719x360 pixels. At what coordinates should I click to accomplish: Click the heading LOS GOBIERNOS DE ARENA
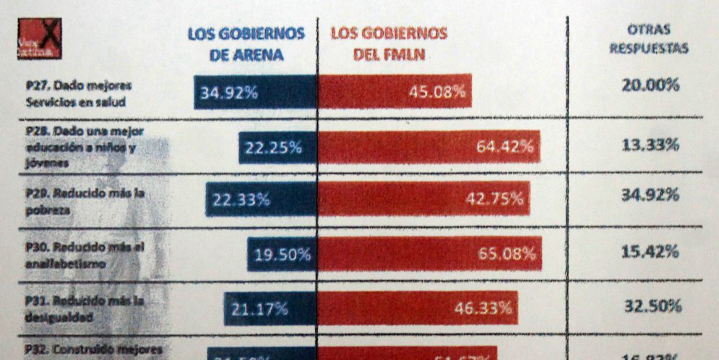pyautogui.click(x=246, y=44)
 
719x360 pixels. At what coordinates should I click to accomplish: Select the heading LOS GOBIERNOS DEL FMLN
pyautogui.click(x=389, y=44)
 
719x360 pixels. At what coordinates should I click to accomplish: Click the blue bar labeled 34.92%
pyautogui.click(x=255, y=92)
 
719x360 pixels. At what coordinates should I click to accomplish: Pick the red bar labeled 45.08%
pyautogui.click(x=395, y=91)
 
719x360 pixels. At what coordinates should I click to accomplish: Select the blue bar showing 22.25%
pyautogui.click(x=277, y=147)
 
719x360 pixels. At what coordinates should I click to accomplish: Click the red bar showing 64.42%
pyautogui.click(x=429, y=147)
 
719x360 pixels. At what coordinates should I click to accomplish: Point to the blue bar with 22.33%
pyautogui.click(x=261, y=200)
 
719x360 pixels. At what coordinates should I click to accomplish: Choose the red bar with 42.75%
pyautogui.click(x=423, y=200)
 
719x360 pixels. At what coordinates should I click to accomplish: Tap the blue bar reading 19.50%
pyautogui.click(x=282, y=254)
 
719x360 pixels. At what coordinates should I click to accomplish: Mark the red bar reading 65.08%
pyautogui.click(x=429, y=254)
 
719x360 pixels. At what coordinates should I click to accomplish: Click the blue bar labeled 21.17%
pyautogui.click(x=270, y=309)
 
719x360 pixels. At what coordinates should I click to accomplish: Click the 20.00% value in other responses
pyautogui.click(x=650, y=85)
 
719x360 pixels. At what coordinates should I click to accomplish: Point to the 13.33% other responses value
pyautogui.click(x=650, y=145)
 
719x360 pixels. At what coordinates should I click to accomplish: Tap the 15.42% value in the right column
pyautogui.click(x=650, y=252)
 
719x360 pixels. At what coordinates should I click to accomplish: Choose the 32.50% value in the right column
pyautogui.click(x=653, y=305)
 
